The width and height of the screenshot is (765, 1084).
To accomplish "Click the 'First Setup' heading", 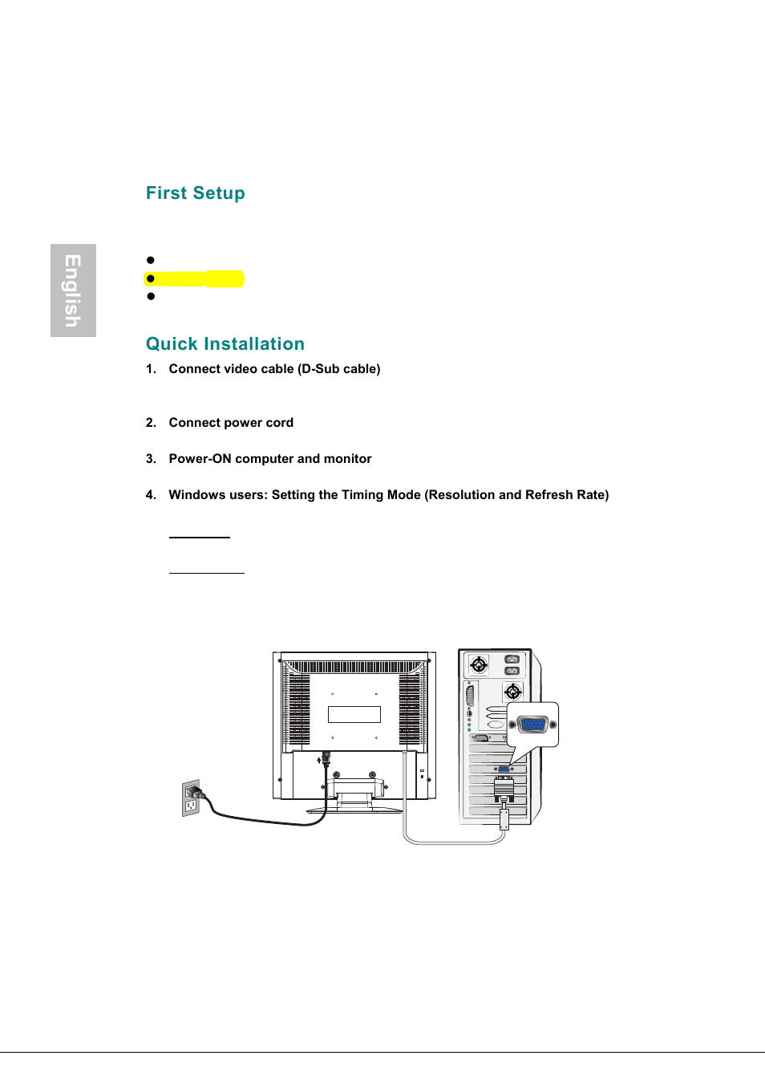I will [x=195, y=193].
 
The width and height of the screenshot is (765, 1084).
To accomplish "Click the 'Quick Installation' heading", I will [x=225, y=344].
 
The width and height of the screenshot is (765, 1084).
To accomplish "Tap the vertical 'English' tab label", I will [x=73, y=290].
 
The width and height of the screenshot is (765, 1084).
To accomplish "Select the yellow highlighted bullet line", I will [x=195, y=279].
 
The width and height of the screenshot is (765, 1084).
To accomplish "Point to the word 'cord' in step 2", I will [x=279, y=423].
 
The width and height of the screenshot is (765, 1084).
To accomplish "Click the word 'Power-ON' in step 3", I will [x=200, y=459].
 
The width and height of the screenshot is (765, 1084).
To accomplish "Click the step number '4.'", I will [x=151, y=495].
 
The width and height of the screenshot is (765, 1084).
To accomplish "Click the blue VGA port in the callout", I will [x=532, y=725].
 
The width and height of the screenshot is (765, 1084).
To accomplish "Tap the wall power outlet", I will [x=191, y=799].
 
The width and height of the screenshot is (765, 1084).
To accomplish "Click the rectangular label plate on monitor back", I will [x=354, y=714].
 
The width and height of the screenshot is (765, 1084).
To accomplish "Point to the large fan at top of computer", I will [x=479, y=664].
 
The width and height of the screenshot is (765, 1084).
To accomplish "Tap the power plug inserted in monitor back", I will [x=326, y=758].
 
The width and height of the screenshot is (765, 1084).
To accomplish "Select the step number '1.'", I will [x=151, y=369].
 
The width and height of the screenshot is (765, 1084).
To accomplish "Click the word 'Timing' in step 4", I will [x=362, y=495].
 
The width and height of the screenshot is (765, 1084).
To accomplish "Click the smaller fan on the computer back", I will [x=512, y=691].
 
